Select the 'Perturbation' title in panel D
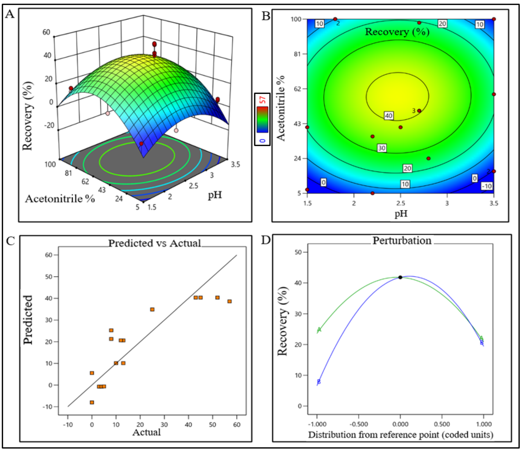pos(402,240)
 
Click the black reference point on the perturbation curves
pos(400,277)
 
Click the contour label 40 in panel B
pos(389,116)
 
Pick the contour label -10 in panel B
pos(487,186)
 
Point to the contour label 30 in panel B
pos(382,148)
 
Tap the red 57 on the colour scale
pos(263,100)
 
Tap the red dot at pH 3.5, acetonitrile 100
pos(494,19)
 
